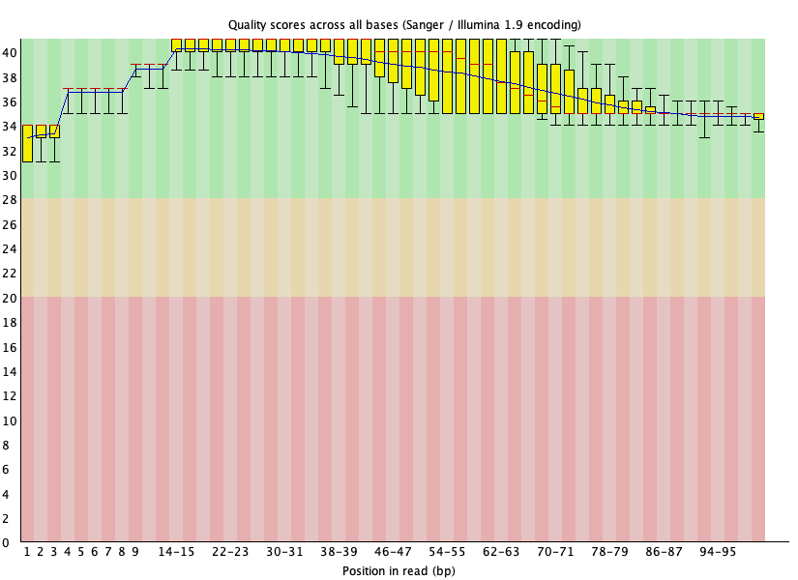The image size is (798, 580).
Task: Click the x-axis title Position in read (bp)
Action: [x=399, y=570]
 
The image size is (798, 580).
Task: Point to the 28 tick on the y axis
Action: [x=10, y=199]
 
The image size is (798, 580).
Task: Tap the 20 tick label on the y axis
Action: [x=10, y=298]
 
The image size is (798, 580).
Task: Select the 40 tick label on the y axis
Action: [x=10, y=52]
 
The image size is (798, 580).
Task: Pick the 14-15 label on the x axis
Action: [x=176, y=551]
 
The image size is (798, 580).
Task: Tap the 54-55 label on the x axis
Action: [x=447, y=551]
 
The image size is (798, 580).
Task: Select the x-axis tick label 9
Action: [x=135, y=551]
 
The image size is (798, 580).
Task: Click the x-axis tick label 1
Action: [x=27, y=551]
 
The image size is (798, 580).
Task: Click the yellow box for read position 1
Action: [x=27, y=142]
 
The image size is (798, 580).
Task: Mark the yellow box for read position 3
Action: [x=54, y=131]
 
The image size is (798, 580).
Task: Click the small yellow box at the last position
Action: [x=758, y=116]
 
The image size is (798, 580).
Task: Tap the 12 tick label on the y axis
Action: [x=10, y=396]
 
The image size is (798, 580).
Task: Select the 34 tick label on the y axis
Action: [x=10, y=126]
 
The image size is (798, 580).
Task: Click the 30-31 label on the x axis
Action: [x=284, y=551]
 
